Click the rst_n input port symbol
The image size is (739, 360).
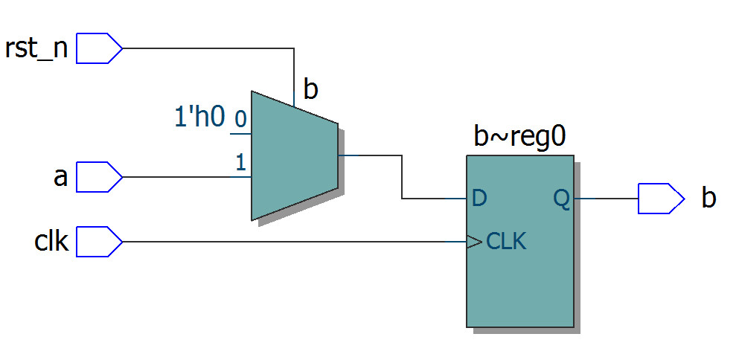tap(99, 48)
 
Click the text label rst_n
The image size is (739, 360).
tap(36, 49)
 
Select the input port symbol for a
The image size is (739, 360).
tap(99, 177)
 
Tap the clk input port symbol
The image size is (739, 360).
tap(99, 242)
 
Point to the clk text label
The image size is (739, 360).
tap(51, 242)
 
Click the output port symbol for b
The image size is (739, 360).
tap(660, 199)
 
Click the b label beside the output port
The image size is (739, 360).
tap(708, 199)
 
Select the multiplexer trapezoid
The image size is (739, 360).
tap(294, 155)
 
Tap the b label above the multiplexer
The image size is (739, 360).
tap(310, 90)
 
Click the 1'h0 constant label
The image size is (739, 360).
tap(199, 117)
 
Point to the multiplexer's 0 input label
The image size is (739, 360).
tap(240, 118)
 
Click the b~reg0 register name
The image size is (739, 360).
tap(519, 137)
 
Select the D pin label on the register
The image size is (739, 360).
tap(479, 199)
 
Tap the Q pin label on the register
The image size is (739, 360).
tap(561, 199)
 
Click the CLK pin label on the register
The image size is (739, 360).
tap(506, 242)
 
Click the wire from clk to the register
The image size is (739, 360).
tap(290, 242)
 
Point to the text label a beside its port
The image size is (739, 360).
tap(60, 178)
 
